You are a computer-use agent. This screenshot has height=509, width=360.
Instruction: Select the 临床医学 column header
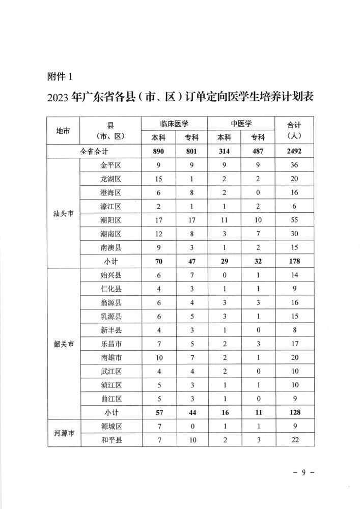174,124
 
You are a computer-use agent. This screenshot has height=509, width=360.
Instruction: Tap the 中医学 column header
241,124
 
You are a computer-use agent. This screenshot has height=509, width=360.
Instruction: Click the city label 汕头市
64,214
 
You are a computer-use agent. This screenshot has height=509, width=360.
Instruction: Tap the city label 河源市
64,433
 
